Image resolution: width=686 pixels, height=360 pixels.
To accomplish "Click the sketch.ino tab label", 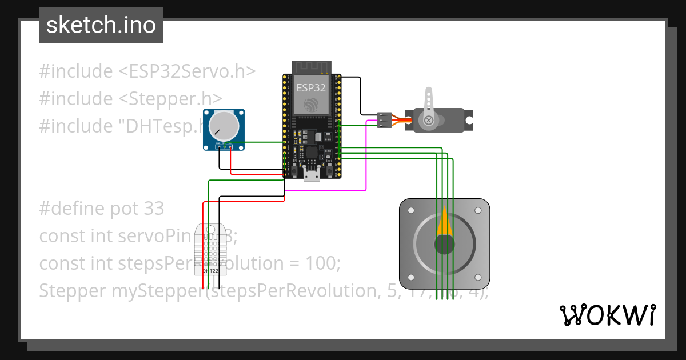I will (101, 26).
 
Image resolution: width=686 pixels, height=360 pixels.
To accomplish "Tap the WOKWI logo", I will (607, 315).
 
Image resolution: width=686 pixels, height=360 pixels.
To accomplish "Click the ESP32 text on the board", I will (311, 88).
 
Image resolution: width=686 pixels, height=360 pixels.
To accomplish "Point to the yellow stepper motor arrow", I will (445, 224).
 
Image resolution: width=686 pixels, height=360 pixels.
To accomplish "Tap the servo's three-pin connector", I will (384, 120).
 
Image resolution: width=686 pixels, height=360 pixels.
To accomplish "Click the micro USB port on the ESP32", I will (312, 174).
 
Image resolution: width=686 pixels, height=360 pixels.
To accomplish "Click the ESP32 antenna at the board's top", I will (312, 66).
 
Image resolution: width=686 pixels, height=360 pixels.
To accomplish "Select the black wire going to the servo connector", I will (361, 94).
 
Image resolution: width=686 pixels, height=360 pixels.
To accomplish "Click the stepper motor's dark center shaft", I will (444, 245).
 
